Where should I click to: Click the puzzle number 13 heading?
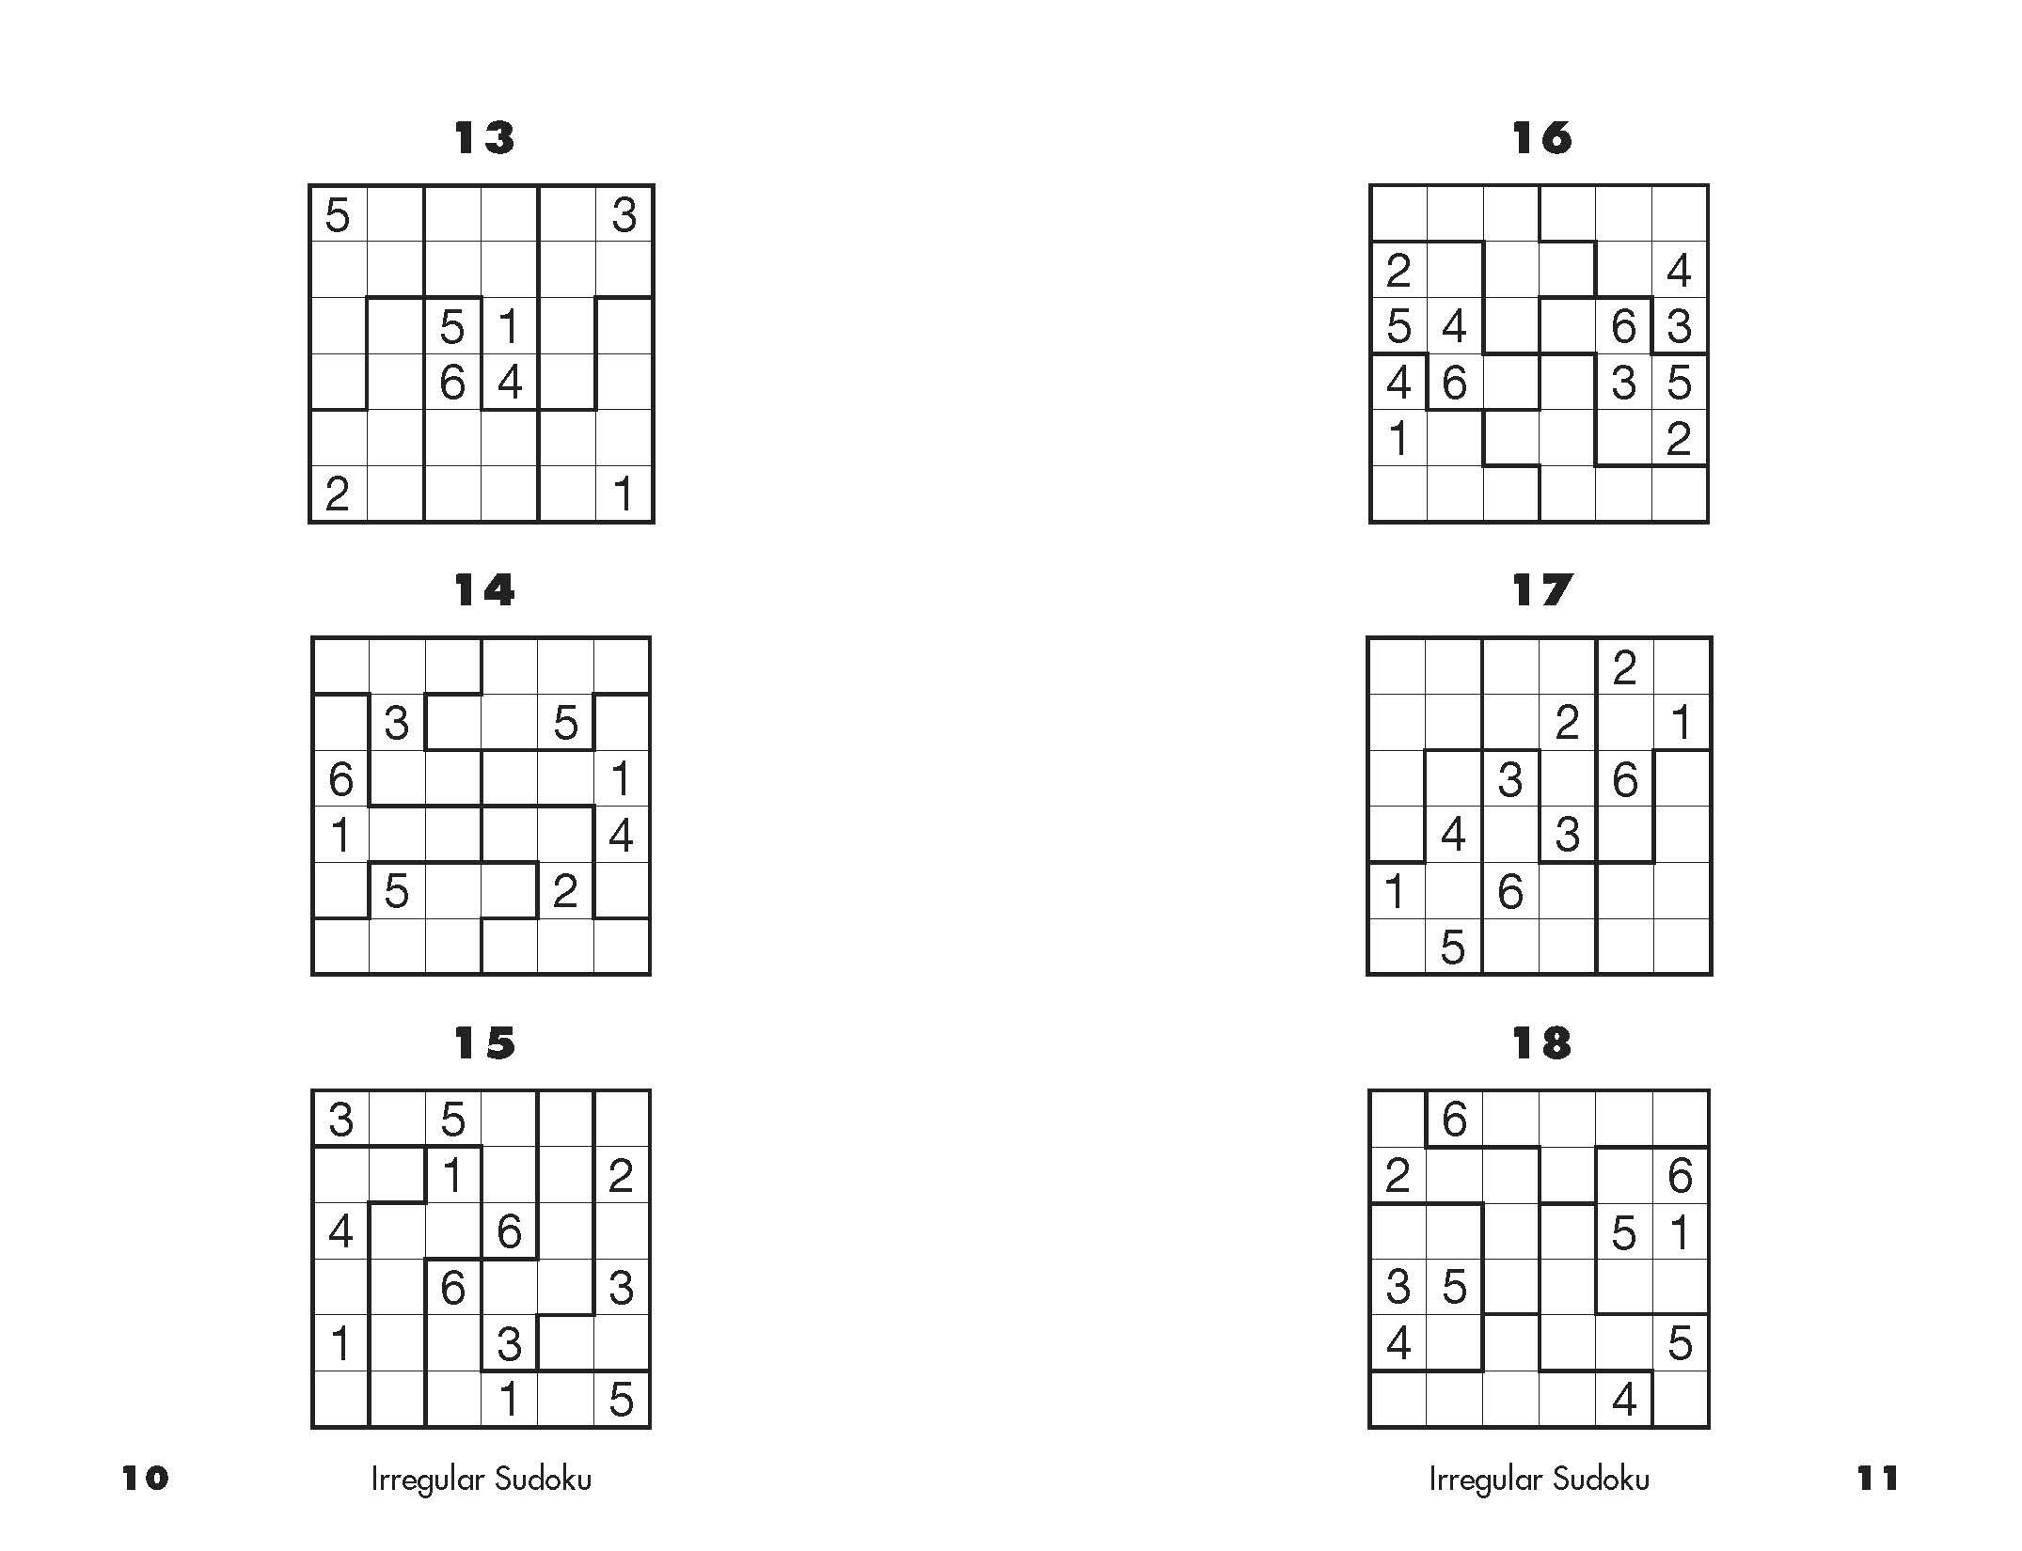pyautogui.click(x=484, y=138)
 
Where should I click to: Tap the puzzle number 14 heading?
pyautogui.click(x=484, y=590)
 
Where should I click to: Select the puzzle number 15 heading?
pyautogui.click(x=484, y=1042)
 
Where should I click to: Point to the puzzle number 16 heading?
pyautogui.click(x=1541, y=138)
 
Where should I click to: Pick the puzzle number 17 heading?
pyautogui.click(x=1541, y=590)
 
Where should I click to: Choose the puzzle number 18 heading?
pyautogui.click(x=1541, y=1042)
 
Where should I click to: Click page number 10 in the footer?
pyautogui.click(x=145, y=1479)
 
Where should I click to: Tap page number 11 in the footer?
pyautogui.click(x=1877, y=1479)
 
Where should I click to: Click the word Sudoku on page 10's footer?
pyautogui.click(x=544, y=1480)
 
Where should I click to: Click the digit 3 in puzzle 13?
pyautogui.click(x=624, y=215)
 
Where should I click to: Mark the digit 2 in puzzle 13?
pyautogui.click(x=338, y=493)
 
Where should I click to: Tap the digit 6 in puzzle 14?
pyautogui.click(x=340, y=779)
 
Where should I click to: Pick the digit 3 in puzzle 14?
pyautogui.click(x=396, y=723)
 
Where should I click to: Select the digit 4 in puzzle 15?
pyautogui.click(x=340, y=1231)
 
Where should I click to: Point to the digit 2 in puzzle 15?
pyautogui.click(x=621, y=1175)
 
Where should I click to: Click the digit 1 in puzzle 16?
pyautogui.click(x=1398, y=439)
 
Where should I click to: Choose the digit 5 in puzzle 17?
pyautogui.click(x=1453, y=948)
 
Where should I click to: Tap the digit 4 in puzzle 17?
pyautogui.click(x=1453, y=835)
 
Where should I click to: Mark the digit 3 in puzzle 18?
pyautogui.click(x=1398, y=1287)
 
